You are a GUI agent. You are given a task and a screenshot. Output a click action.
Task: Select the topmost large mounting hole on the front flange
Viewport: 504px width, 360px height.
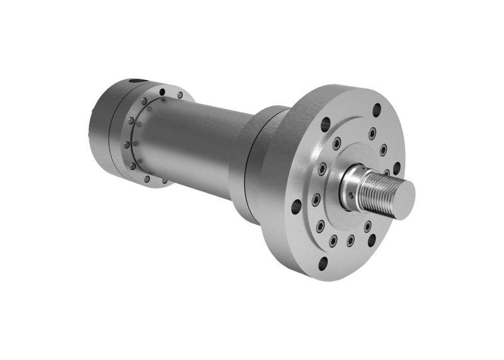(377, 108)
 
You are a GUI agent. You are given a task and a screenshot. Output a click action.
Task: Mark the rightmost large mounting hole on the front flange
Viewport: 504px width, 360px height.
(396, 168)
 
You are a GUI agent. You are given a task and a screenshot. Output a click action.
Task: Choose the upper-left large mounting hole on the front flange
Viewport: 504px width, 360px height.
(326, 124)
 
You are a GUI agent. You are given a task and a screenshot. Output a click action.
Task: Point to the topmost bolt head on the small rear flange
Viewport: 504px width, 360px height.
(180, 95)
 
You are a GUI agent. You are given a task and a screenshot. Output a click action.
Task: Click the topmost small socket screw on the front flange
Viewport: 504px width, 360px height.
(372, 133)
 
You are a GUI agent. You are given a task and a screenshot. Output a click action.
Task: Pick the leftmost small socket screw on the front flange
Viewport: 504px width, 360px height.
(316, 200)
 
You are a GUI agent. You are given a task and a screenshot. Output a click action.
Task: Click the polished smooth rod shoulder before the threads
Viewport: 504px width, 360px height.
(350, 187)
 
